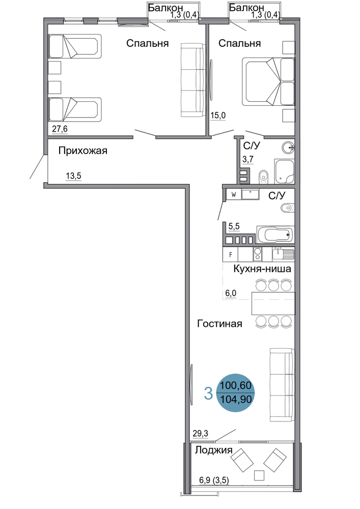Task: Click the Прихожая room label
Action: [83, 151]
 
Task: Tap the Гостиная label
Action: [220, 324]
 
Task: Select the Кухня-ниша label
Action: [262, 269]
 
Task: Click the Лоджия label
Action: [213, 450]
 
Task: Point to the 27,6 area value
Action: [60, 129]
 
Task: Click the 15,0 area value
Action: [218, 115]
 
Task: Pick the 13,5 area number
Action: [73, 176]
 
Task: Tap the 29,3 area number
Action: [200, 433]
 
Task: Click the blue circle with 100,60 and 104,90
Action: [235, 393]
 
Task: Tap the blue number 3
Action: [208, 393]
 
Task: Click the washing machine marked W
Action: [234, 195]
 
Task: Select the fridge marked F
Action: [231, 254]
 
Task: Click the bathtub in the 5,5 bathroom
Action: [275, 234]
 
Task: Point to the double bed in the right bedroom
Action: [268, 81]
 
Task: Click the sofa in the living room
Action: [282, 385]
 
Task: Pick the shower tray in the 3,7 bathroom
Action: [284, 171]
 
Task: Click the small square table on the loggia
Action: [259, 475]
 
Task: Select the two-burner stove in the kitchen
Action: [258, 254]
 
